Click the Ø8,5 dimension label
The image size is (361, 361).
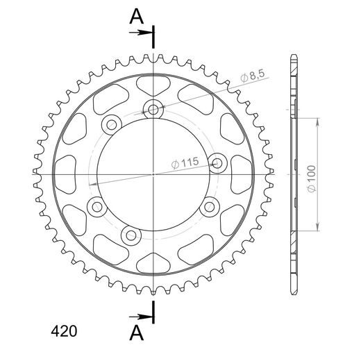coord(252,76)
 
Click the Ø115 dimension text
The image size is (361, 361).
coord(185,162)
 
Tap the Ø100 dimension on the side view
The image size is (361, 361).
coord(312,179)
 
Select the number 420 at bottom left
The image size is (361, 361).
coord(64,331)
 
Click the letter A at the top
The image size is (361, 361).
coord(137,17)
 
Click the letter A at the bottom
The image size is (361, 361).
coord(137,333)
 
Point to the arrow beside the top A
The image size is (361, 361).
coord(140,33)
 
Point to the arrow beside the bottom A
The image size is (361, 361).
coord(140,317)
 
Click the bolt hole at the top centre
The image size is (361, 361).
coord(153,109)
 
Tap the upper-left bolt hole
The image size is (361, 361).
coord(112,125)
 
